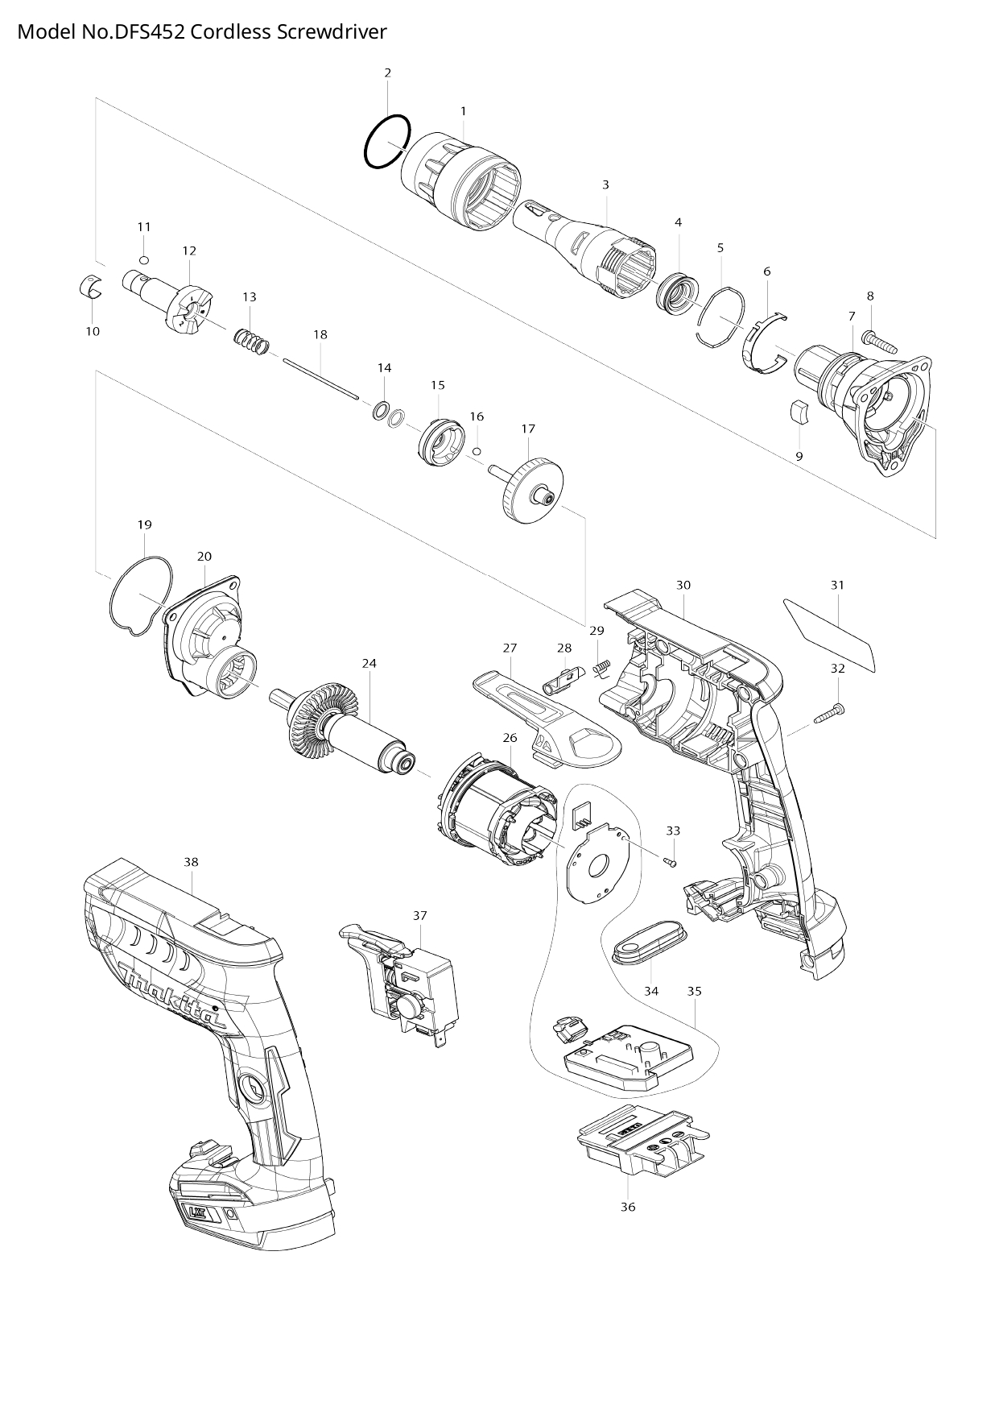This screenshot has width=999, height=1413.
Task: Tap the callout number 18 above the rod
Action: click(320, 334)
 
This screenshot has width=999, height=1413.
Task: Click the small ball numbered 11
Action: click(143, 259)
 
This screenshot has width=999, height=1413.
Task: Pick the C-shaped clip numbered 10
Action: click(93, 287)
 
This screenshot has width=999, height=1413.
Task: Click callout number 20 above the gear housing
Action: click(204, 557)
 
